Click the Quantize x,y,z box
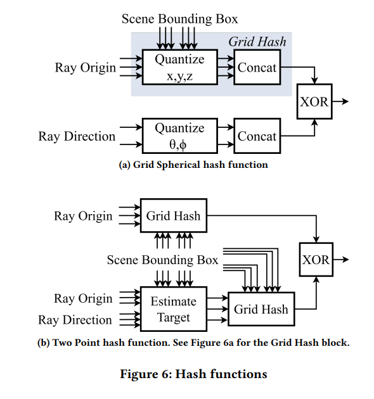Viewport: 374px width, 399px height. pos(180,67)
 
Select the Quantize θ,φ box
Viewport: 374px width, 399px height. pos(180,136)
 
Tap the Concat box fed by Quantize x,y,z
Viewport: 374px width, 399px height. pos(257,67)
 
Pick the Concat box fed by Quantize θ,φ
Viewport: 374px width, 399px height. pos(257,136)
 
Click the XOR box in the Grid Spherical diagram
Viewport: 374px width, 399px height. pos(314,101)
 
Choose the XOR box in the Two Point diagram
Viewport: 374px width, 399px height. pos(316,259)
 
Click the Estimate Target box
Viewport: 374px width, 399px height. pos(174,309)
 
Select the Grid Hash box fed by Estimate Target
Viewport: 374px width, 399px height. pos(261,309)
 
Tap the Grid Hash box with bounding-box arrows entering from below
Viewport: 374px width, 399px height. pos(174,215)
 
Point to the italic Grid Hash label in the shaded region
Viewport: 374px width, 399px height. pos(257,41)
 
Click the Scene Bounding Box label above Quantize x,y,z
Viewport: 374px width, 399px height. pos(179,18)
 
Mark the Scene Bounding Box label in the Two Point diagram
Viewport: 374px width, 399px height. pos(162,260)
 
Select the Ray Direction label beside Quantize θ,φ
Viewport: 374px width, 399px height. pos(77,136)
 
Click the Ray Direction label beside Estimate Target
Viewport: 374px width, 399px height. pos(75,320)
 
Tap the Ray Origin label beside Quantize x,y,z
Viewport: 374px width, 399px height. pos(86,68)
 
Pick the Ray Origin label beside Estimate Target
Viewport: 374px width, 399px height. pos(83,298)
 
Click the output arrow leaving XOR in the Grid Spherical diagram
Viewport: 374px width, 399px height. pos(340,101)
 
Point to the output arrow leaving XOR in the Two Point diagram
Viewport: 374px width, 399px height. pos(341,259)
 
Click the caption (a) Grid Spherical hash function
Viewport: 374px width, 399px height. pos(193,165)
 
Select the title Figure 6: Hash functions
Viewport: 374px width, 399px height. pos(193,374)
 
